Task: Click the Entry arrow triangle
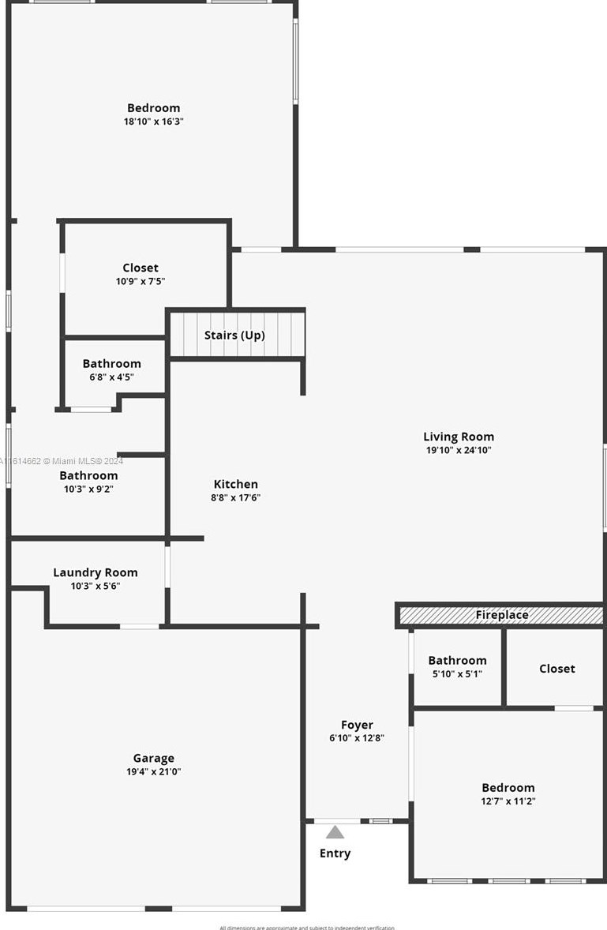(x=335, y=832)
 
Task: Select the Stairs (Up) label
(x=234, y=336)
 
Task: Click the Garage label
(x=154, y=758)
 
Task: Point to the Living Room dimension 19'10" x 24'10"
(x=459, y=450)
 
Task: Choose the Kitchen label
(x=236, y=484)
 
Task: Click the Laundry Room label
(x=96, y=572)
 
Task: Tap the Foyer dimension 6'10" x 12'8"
(x=357, y=738)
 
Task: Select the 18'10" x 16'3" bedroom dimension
(x=154, y=122)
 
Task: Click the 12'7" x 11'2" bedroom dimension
(x=508, y=801)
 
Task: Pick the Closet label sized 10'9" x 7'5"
(x=141, y=268)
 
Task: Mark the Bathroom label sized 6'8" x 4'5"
(x=112, y=363)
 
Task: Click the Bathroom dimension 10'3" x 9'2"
(x=88, y=489)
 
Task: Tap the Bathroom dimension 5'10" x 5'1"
(x=457, y=673)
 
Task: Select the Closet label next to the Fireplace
(x=557, y=668)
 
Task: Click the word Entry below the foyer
(x=335, y=853)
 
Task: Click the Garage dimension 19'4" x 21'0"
(x=154, y=771)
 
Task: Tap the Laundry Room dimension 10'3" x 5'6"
(x=96, y=586)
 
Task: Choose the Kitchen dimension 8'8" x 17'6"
(x=236, y=497)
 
